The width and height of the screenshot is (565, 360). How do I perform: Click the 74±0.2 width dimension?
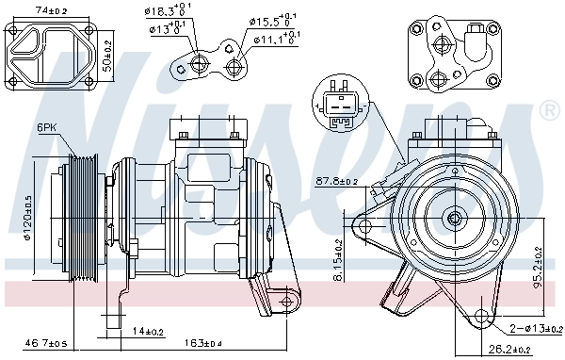point(51,9)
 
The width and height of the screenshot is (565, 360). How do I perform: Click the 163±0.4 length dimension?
point(197,343)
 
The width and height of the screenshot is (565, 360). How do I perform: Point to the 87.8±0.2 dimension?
point(337,181)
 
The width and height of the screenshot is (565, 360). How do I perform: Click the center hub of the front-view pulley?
point(456,219)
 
